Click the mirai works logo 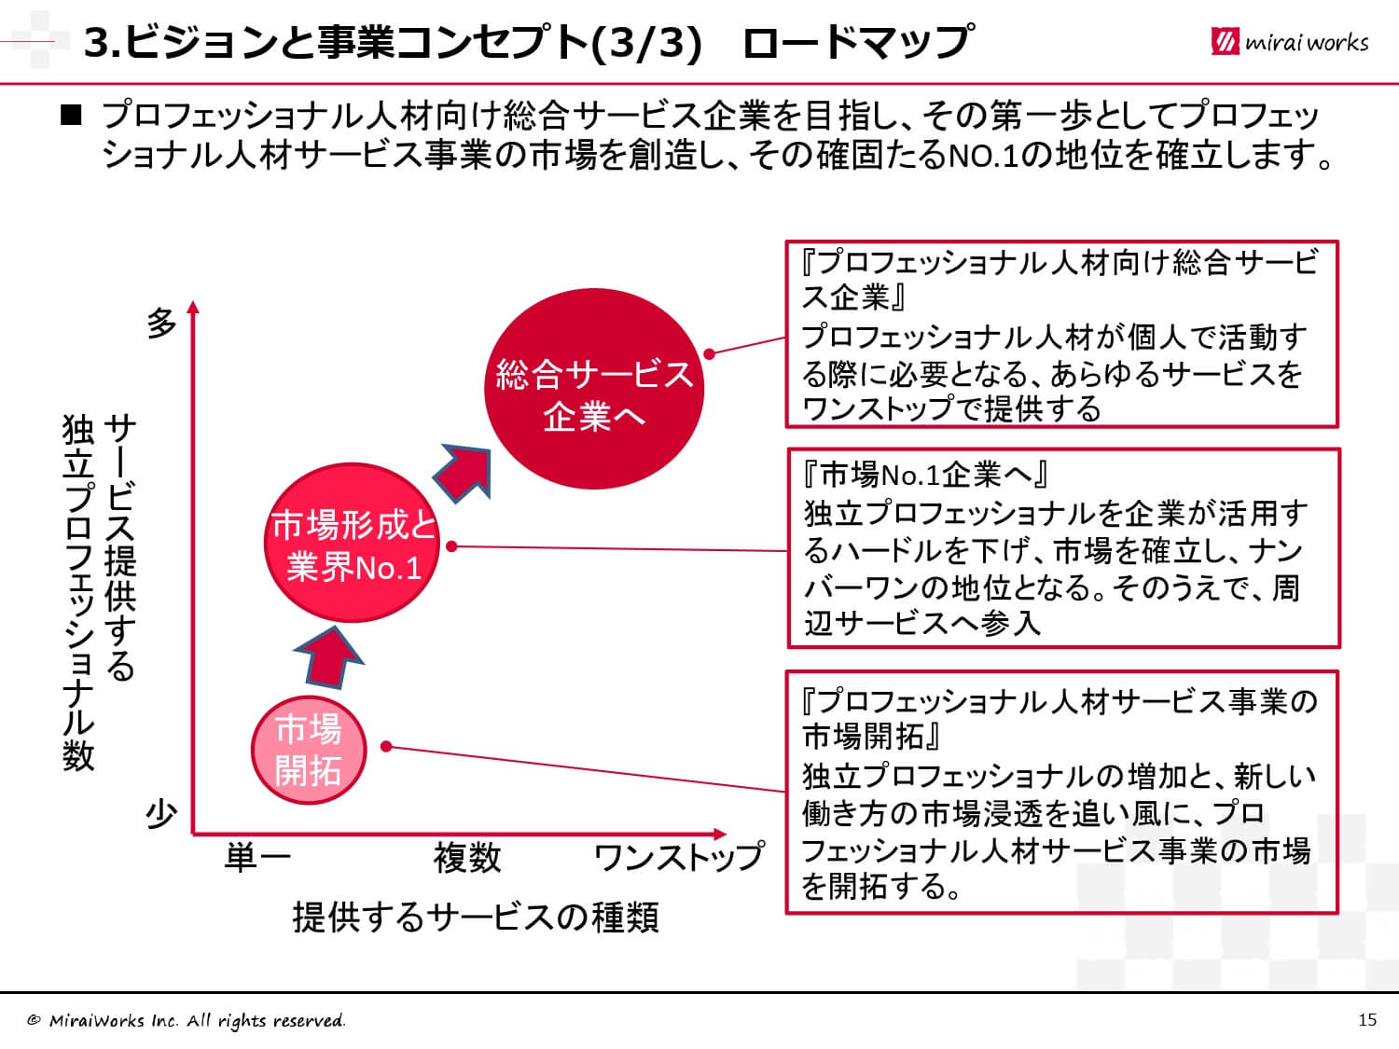(1289, 42)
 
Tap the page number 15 (1367, 1020)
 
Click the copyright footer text (187, 1021)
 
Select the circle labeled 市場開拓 (309, 750)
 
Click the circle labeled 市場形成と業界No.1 (352, 542)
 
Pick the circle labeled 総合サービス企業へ (594, 389)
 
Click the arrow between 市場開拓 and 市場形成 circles (329, 657)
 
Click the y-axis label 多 (161, 323)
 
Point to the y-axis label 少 (161, 813)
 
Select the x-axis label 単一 (257, 857)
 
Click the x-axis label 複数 (467, 857)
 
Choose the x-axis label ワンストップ (679, 857)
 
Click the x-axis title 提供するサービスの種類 (476, 918)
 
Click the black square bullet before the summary (71, 115)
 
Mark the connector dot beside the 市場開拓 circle (385, 747)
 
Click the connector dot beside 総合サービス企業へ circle (710, 353)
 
